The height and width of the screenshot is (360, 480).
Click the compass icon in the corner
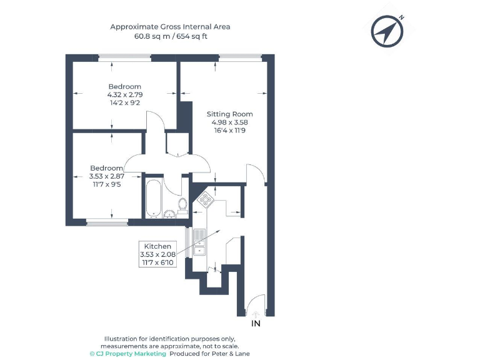pos(386,31)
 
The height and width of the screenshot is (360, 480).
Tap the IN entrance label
pos(255,324)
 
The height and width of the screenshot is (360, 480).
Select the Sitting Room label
pos(229,114)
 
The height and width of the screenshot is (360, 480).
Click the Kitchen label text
pos(157,246)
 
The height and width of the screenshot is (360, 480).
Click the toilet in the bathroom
pos(182,205)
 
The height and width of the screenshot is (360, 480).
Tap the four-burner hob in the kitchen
pos(205,201)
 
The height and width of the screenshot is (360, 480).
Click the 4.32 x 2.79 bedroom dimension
pos(125,94)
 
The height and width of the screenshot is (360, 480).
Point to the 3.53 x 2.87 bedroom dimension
pos(107,177)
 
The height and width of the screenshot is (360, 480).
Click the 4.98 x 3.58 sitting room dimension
pos(229,122)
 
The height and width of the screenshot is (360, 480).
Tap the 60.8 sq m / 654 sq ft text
pos(171,36)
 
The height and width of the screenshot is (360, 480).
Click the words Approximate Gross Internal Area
pos(171,26)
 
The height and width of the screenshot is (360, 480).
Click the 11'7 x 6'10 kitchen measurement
pos(157,262)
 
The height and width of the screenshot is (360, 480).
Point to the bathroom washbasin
pos(169,214)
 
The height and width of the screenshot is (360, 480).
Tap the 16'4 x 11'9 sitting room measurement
pos(229,131)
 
